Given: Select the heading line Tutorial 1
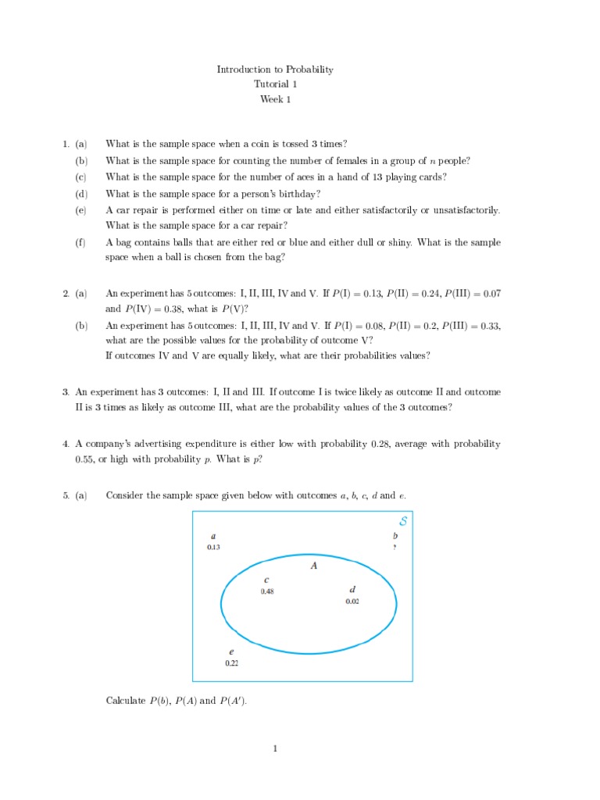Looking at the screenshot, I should tap(275, 84).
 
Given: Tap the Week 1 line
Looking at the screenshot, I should tap(275, 99).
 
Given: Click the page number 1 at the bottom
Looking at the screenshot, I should tap(275, 749).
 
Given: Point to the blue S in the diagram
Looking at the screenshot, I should tap(402, 521).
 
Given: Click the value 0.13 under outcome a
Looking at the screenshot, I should tap(213, 548).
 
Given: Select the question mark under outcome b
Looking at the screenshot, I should tap(395, 548).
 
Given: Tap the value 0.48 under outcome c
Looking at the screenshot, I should tap(267, 591).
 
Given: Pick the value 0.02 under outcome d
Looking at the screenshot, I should tap(352, 602).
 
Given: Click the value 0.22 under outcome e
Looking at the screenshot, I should tap(231, 662).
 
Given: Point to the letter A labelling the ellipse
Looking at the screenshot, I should tap(313, 566).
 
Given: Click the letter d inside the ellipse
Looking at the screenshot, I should tap(352, 589).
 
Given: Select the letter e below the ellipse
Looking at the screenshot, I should tap(231, 651).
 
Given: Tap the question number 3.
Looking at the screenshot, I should tap(66, 392).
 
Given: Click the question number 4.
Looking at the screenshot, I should tap(66, 444).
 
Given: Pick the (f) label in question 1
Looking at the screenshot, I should tap(80, 242).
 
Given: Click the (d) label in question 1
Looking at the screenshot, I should tap(81, 194).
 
